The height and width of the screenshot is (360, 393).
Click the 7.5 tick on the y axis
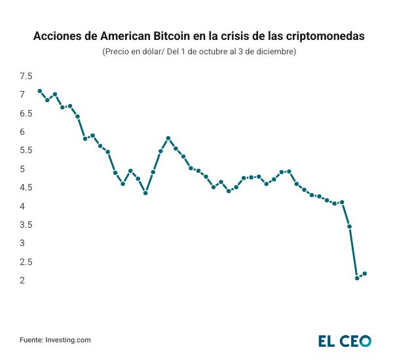click(26, 76)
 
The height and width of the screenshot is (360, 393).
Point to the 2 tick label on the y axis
click(22, 280)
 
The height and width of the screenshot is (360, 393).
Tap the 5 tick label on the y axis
click(22, 169)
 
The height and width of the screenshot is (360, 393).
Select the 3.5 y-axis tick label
click(26, 225)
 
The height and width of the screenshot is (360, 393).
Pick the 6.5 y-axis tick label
click(26, 113)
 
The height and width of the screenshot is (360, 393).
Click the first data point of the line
click(40, 91)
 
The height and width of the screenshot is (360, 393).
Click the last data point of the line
click(365, 274)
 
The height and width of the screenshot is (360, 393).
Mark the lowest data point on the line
click(357, 278)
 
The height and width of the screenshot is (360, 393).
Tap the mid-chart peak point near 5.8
click(168, 138)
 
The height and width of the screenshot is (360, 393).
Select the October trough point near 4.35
click(145, 193)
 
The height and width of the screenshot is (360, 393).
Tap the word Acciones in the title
click(57, 37)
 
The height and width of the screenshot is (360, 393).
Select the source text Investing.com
click(67, 340)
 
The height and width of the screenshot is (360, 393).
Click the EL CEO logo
click(345, 340)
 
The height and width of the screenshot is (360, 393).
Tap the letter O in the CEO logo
click(364, 340)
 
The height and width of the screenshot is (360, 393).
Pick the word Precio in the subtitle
click(119, 52)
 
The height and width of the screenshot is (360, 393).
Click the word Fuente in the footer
click(31, 340)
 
